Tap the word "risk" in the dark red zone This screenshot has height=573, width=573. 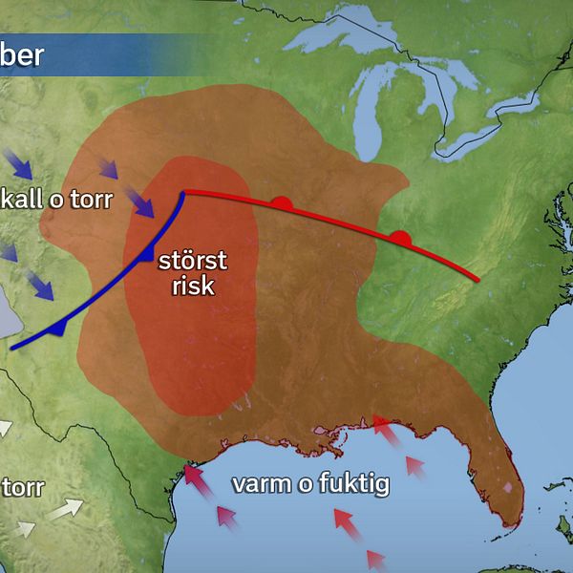coord(193,286)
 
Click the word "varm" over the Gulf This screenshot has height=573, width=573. coord(261,484)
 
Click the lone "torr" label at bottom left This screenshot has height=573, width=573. coord(23,488)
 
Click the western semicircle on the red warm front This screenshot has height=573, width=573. coord(280,202)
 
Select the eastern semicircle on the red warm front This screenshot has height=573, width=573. coord(400,236)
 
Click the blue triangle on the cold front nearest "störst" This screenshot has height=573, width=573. coord(145,255)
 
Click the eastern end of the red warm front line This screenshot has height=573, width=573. coord(475,280)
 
